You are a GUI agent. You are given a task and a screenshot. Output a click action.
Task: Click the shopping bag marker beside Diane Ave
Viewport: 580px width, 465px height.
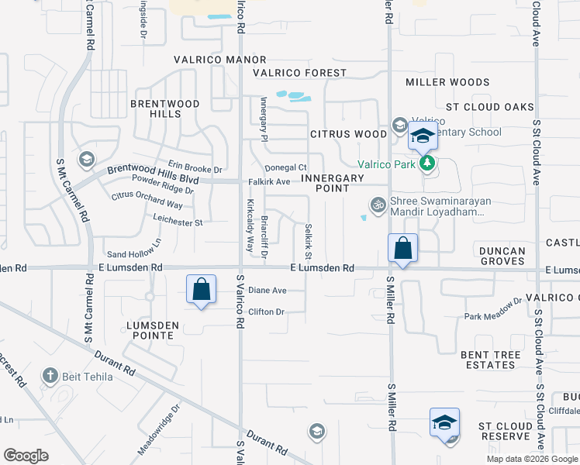201,289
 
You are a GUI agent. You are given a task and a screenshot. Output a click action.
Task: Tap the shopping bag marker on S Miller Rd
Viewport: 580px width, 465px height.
402,248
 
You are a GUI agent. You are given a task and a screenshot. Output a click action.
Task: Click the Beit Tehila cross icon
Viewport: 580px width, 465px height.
50,377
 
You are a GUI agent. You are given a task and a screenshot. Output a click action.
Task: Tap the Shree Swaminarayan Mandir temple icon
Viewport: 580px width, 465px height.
378,204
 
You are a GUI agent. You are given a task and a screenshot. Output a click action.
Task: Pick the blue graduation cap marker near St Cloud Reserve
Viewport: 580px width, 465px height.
445,423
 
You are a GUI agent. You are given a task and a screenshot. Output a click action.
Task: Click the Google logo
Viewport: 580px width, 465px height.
26,456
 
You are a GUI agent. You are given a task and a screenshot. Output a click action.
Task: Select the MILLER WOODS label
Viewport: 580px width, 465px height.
447,82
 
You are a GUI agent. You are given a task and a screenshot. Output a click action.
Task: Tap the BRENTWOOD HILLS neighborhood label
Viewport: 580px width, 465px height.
165,108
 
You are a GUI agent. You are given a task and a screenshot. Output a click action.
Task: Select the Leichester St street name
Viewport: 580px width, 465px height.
178,222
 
